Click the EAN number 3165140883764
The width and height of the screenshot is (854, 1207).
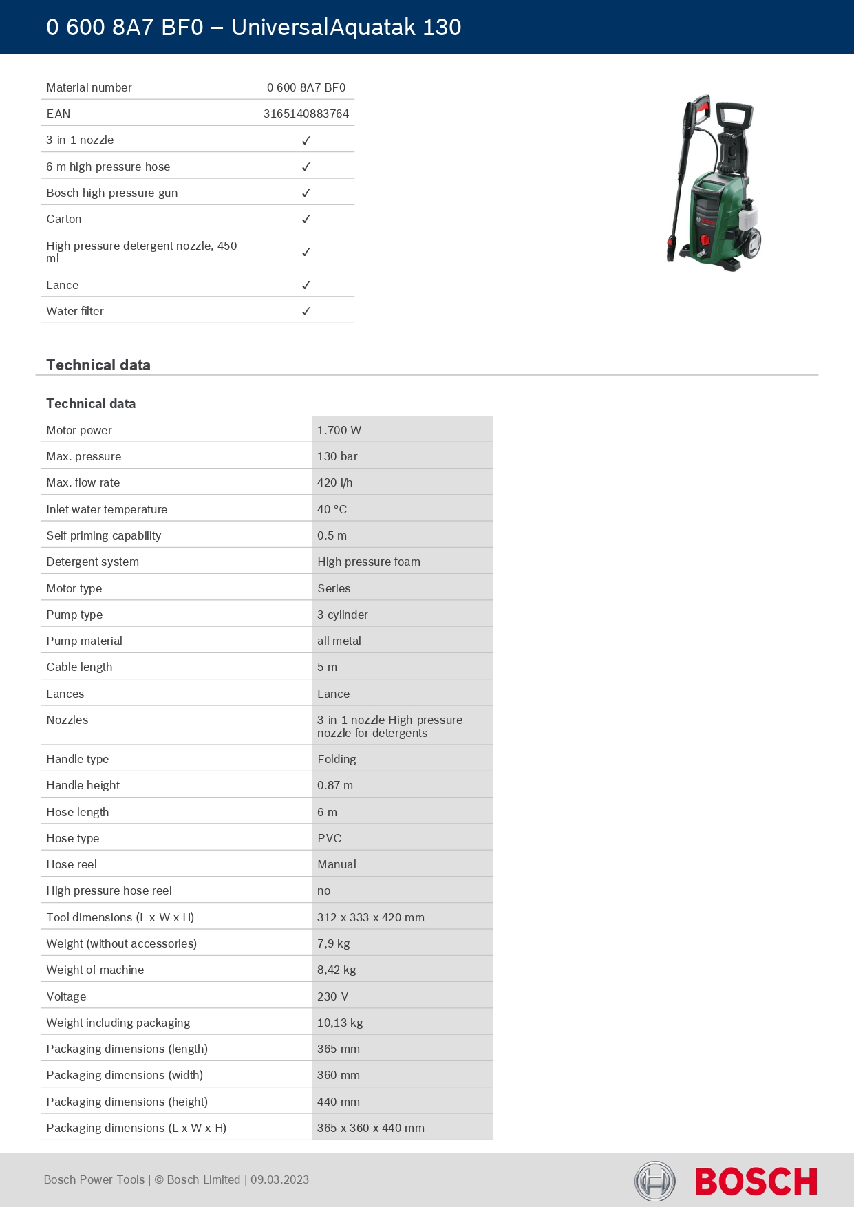coord(306,114)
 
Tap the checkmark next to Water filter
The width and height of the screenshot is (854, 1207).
coord(306,311)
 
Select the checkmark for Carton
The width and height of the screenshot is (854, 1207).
coord(306,219)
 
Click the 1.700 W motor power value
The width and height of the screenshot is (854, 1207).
coord(339,430)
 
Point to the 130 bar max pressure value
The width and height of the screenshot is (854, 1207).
coord(337,456)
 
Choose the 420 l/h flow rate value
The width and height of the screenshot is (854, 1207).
coord(334,482)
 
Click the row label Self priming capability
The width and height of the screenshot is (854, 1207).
coord(103,535)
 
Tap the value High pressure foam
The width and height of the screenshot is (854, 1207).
coord(368,562)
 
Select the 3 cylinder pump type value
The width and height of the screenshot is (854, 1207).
coord(342,615)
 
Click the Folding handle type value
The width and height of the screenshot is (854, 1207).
coord(337,759)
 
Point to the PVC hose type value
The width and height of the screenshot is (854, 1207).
coord(329,838)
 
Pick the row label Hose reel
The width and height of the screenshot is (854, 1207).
coord(72,864)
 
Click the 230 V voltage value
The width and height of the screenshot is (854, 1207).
coord(332,996)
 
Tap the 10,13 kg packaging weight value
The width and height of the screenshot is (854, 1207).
coord(339,1023)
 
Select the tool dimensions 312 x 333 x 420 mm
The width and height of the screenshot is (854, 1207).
coord(370,917)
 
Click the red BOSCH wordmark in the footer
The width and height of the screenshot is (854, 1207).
coord(756,1182)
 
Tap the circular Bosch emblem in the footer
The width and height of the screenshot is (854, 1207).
coord(654,1182)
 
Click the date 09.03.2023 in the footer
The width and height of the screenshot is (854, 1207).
coord(279,1179)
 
